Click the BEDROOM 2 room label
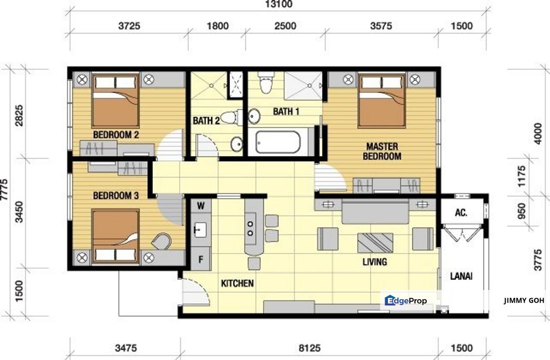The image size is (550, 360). tap(115, 135)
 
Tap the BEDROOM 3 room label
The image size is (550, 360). tap(115, 196)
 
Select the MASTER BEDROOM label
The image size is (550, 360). tap(382, 151)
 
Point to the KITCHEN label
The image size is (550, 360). tap(237, 283)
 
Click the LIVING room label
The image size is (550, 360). tap(375, 261)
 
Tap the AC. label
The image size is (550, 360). tap(461, 213)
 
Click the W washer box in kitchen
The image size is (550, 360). tap(201, 205)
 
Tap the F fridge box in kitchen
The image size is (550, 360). tap(201, 259)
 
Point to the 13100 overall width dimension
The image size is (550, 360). tap(279, 5)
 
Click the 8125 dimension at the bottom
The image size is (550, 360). tap(310, 348)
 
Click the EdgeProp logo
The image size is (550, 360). tap(406, 300)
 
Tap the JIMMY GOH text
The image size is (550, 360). tap(524, 300)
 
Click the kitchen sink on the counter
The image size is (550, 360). tap(200, 230)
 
